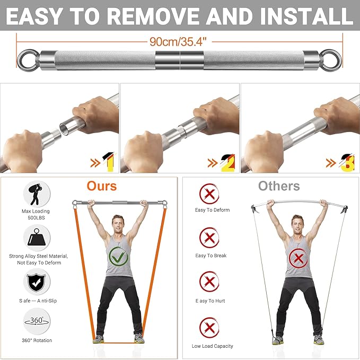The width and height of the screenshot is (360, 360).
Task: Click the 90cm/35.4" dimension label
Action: click(x=178, y=42)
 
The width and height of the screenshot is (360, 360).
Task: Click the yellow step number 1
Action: click(x=109, y=162)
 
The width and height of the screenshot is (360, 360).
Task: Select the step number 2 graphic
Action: click(x=228, y=163)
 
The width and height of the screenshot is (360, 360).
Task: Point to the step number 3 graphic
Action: click(x=348, y=163)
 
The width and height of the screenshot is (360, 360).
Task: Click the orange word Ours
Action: click(x=102, y=186)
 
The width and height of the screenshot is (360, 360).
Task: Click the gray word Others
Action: click(x=279, y=186)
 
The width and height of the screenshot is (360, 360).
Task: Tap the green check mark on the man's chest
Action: click(x=118, y=257)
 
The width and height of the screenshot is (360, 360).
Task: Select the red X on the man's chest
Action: click(x=298, y=259)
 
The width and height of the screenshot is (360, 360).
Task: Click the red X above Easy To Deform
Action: click(x=209, y=194)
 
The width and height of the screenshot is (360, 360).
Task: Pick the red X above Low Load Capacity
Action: click(x=209, y=328)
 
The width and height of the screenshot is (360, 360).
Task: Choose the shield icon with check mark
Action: click(x=36, y=282)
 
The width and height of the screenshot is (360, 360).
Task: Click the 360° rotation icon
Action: click(x=37, y=321)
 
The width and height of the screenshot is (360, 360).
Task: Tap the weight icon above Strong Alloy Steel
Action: click(x=37, y=238)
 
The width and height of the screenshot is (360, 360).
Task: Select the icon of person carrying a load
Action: click(x=36, y=194)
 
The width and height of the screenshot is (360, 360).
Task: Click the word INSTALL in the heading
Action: click(x=307, y=16)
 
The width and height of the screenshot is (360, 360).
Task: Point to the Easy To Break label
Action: click(x=211, y=256)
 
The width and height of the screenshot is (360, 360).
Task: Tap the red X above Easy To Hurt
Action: click(x=209, y=282)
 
